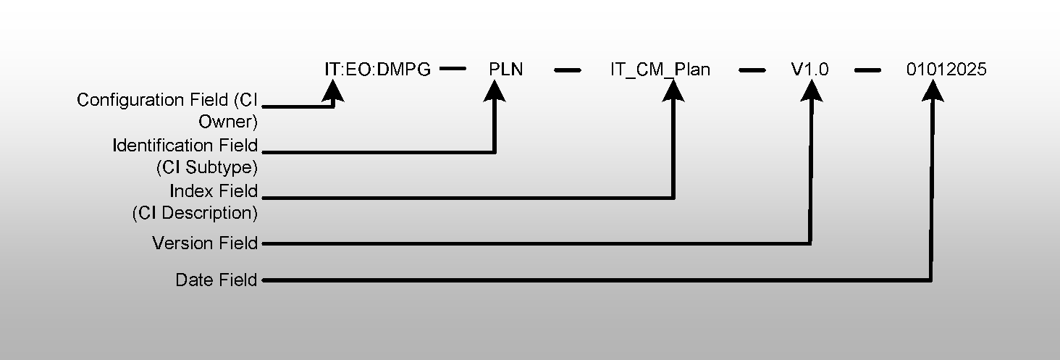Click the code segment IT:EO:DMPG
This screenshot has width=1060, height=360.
[377, 70]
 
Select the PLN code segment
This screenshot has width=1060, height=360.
[506, 70]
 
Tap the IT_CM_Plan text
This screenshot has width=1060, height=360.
[660, 70]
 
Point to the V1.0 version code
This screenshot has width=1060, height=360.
[809, 70]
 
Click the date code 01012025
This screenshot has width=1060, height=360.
[946, 70]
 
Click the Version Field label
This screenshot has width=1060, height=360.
[205, 243]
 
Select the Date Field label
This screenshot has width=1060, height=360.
[216, 280]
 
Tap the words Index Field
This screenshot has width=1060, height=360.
[214, 191]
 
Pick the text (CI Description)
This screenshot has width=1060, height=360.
[195, 214]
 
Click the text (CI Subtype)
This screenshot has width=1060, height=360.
[207, 167]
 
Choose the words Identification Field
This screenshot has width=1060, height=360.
[185, 146]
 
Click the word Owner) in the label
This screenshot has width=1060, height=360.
[228, 122]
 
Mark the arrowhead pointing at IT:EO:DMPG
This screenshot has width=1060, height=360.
[332, 90]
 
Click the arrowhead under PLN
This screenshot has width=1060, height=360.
[495, 90]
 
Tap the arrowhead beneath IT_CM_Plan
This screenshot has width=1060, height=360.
[674, 90]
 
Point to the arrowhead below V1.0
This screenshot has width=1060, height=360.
[812, 90]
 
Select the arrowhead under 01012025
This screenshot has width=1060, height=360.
[933, 90]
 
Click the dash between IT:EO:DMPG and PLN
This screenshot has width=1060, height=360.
[453, 70]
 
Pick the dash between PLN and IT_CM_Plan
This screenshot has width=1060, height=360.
[568, 70]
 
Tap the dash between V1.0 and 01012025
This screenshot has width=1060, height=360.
[867, 70]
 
